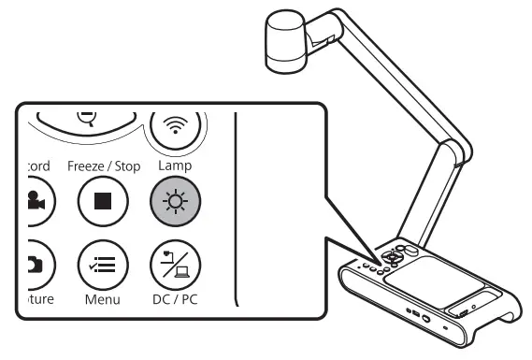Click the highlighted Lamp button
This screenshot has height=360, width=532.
pyautogui.click(x=175, y=202)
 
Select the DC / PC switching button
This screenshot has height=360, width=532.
pyautogui.click(x=175, y=264)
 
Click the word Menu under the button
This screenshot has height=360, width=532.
pyautogui.click(x=102, y=300)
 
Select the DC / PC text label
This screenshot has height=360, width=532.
pyautogui.click(x=175, y=300)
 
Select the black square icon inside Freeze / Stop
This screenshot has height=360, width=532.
pyautogui.click(x=102, y=202)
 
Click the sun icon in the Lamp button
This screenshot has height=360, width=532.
pyautogui.click(x=175, y=202)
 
